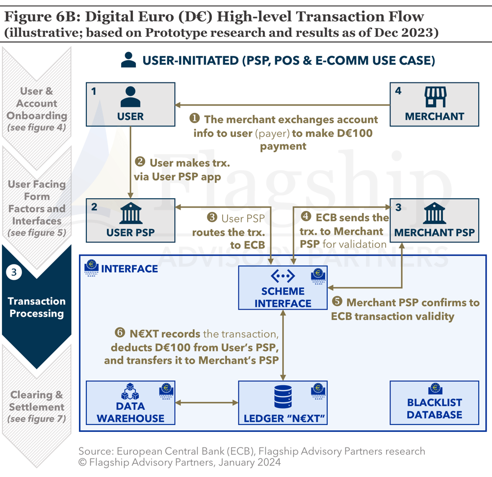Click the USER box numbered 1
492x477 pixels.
(x=130, y=104)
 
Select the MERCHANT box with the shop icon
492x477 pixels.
(x=434, y=104)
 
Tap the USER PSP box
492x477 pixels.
(x=130, y=220)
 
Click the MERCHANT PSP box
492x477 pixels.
(x=434, y=220)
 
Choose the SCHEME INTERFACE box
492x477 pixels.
(x=283, y=288)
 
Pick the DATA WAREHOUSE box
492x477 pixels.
(x=130, y=403)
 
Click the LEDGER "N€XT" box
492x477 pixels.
(x=283, y=403)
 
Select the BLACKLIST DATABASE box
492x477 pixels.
(x=434, y=403)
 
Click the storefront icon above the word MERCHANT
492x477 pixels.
(x=434, y=97)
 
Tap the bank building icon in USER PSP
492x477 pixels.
(x=130, y=214)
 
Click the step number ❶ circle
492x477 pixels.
(x=195, y=119)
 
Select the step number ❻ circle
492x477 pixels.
(x=119, y=333)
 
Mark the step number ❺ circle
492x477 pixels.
(x=337, y=303)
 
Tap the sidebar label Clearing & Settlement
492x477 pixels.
(x=37, y=401)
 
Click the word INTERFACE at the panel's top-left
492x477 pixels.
(x=129, y=268)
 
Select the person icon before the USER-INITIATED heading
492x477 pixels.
(x=129, y=60)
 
